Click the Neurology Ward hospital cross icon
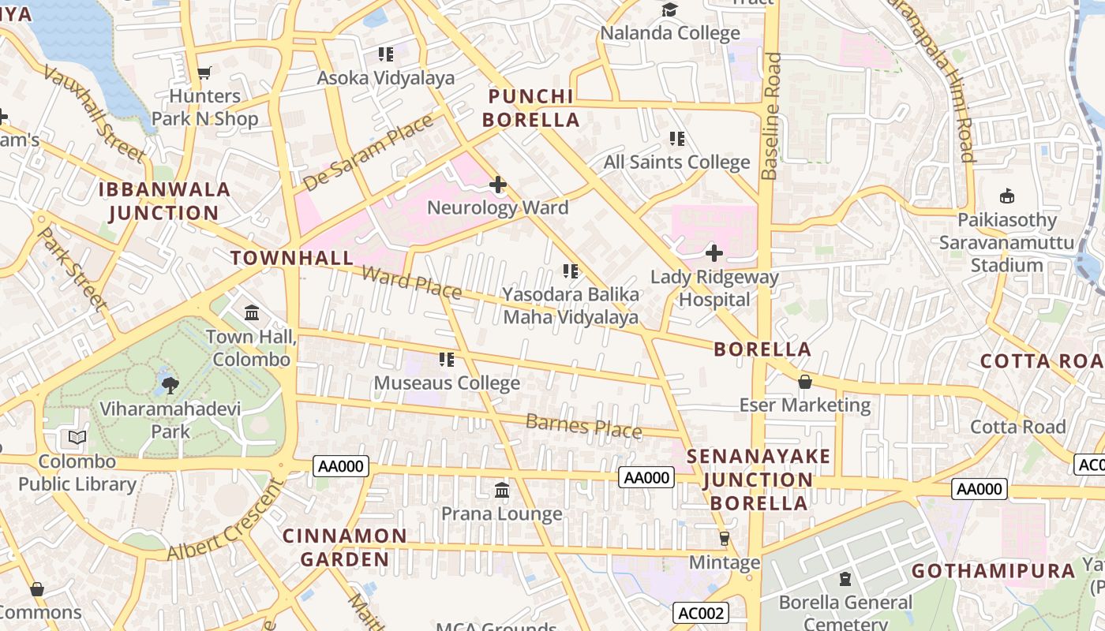498,185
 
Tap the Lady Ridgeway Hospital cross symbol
714,253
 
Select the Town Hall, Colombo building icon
252,313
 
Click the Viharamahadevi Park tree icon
170,385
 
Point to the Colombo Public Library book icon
77,437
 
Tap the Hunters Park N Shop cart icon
204,73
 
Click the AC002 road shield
701,613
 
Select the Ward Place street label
411,282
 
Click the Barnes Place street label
583,426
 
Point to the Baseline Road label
770,115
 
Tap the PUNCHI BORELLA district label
531,108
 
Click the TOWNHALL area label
292,258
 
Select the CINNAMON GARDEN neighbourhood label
345,547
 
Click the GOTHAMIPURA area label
994,570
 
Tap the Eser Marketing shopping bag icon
805,382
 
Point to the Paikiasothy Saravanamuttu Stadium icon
1006,196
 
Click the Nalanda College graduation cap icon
669,9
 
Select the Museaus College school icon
447,360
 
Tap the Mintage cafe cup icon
724,539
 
